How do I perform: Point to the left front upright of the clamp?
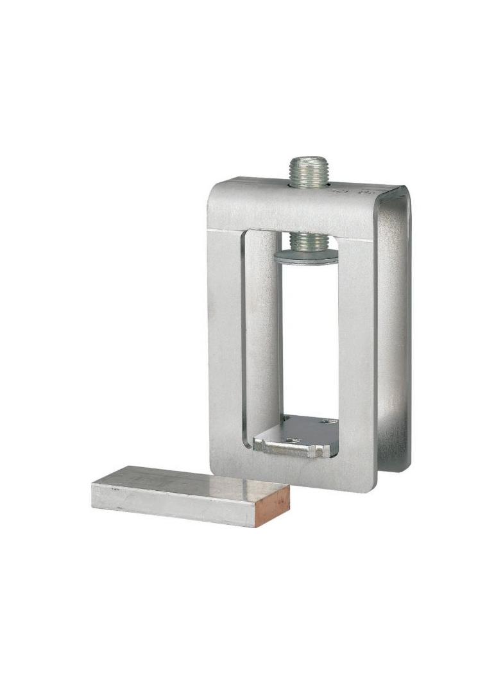click(x=225, y=346)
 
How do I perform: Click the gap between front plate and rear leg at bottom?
click(x=379, y=478)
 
